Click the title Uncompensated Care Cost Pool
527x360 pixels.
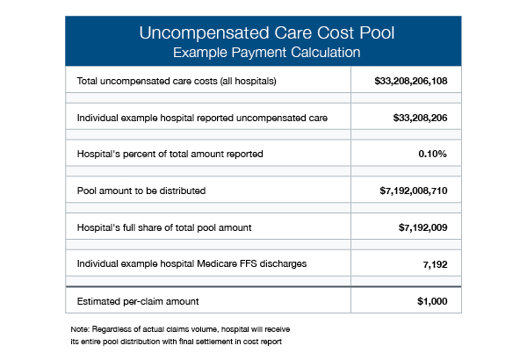pos(266,33)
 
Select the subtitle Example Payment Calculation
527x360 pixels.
pos(266,53)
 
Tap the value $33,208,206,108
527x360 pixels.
pos(411,81)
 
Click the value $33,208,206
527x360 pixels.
pos(420,118)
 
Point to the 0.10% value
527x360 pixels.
pos(432,154)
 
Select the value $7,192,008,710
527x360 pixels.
pos(414,191)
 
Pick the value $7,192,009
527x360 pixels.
pos(422,227)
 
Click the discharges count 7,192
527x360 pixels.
pos(435,264)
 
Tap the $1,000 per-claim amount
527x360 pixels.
pos(432,301)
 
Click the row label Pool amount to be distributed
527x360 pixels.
pos(141,191)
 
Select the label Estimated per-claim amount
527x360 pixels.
pos(138,301)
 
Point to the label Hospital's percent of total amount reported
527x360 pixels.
pos(170,154)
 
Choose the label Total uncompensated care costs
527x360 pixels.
pos(148,81)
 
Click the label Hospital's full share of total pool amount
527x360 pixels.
pos(164,227)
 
